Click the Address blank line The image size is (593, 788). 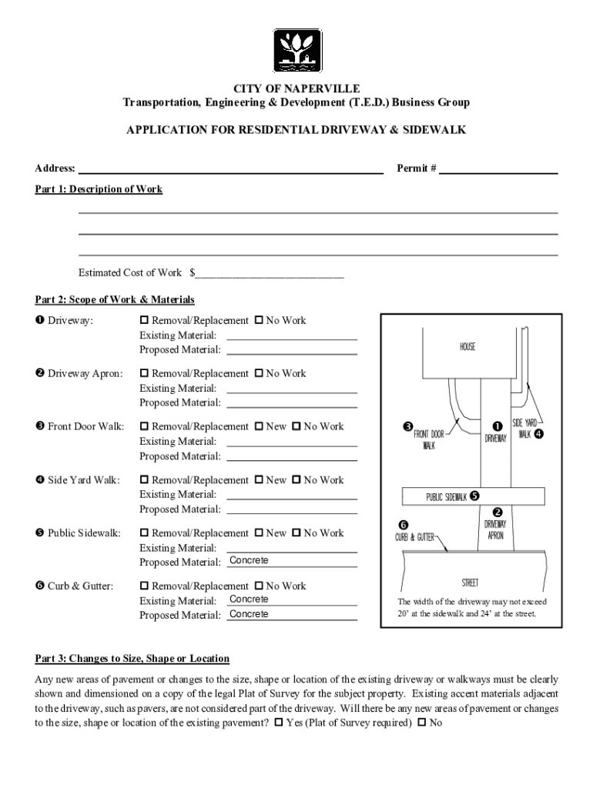(x=231, y=169)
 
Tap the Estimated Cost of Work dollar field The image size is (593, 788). (x=270, y=273)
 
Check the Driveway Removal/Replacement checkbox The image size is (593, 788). (x=144, y=320)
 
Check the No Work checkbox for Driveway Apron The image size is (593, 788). (x=259, y=373)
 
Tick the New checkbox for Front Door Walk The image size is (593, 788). (x=259, y=426)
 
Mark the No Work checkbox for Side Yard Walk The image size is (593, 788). (x=296, y=480)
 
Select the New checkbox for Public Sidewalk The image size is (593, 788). (x=259, y=533)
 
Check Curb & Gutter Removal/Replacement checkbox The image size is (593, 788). (x=144, y=586)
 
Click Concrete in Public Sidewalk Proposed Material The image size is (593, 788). (x=249, y=560)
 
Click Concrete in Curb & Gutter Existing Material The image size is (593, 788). (x=249, y=599)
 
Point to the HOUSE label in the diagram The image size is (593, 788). (x=467, y=347)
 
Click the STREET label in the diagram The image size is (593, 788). (x=470, y=583)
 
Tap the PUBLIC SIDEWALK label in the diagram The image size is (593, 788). (x=447, y=496)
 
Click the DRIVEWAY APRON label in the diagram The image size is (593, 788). (x=495, y=529)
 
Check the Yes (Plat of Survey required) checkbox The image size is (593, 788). (x=278, y=723)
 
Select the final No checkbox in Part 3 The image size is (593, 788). (x=421, y=723)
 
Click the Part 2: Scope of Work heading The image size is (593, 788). (x=115, y=299)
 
